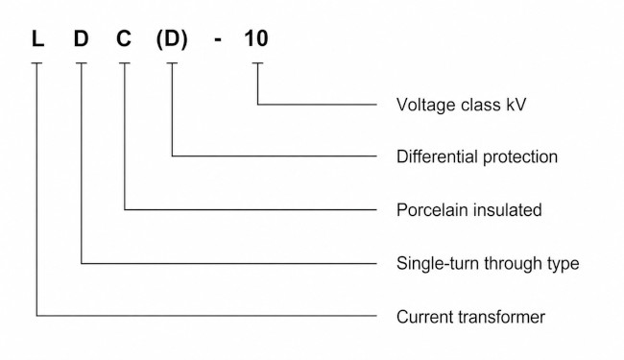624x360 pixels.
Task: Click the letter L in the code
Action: point(37,39)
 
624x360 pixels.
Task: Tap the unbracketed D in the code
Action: point(82,39)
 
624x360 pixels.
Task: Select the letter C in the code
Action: point(124,39)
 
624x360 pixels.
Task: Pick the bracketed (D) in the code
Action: point(172,39)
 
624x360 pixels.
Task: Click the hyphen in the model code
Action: point(218,40)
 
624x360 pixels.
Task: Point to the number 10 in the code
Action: point(256,39)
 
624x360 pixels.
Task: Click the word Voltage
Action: point(426,106)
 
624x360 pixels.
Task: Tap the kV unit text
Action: point(516,105)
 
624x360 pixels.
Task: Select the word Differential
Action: point(437,156)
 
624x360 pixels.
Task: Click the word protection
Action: point(520,157)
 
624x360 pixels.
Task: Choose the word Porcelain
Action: point(432,209)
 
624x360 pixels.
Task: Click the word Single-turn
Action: point(438,264)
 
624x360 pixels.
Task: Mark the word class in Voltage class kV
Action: point(480,105)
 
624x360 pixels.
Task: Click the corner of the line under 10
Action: point(257,105)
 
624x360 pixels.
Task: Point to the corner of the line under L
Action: point(36,316)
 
